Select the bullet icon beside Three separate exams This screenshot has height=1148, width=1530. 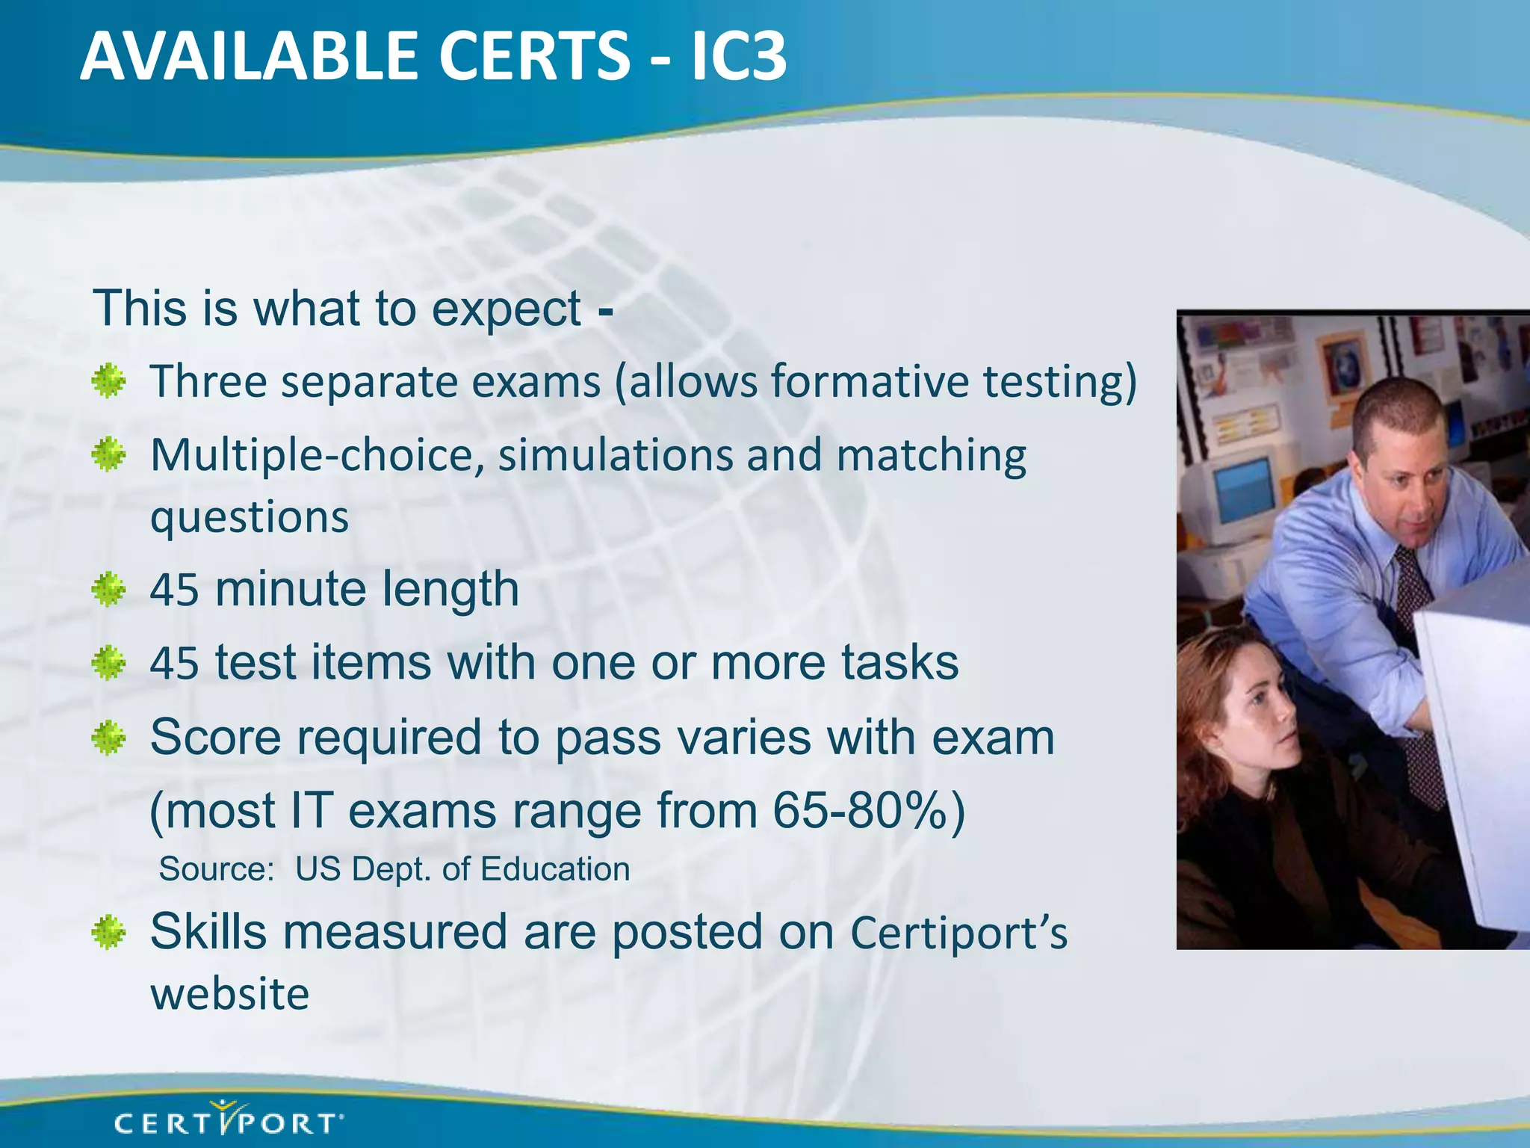[x=109, y=381]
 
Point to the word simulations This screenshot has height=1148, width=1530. [x=616, y=455]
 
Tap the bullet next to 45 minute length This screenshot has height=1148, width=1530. [x=109, y=590]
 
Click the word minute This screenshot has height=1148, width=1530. [x=291, y=589]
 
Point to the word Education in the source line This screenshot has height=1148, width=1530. [x=555, y=869]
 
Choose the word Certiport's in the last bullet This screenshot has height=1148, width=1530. [x=959, y=933]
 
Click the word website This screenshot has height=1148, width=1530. [x=230, y=994]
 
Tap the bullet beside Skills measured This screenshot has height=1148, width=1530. [x=109, y=933]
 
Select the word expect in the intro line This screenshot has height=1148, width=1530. [x=506, y=309]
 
